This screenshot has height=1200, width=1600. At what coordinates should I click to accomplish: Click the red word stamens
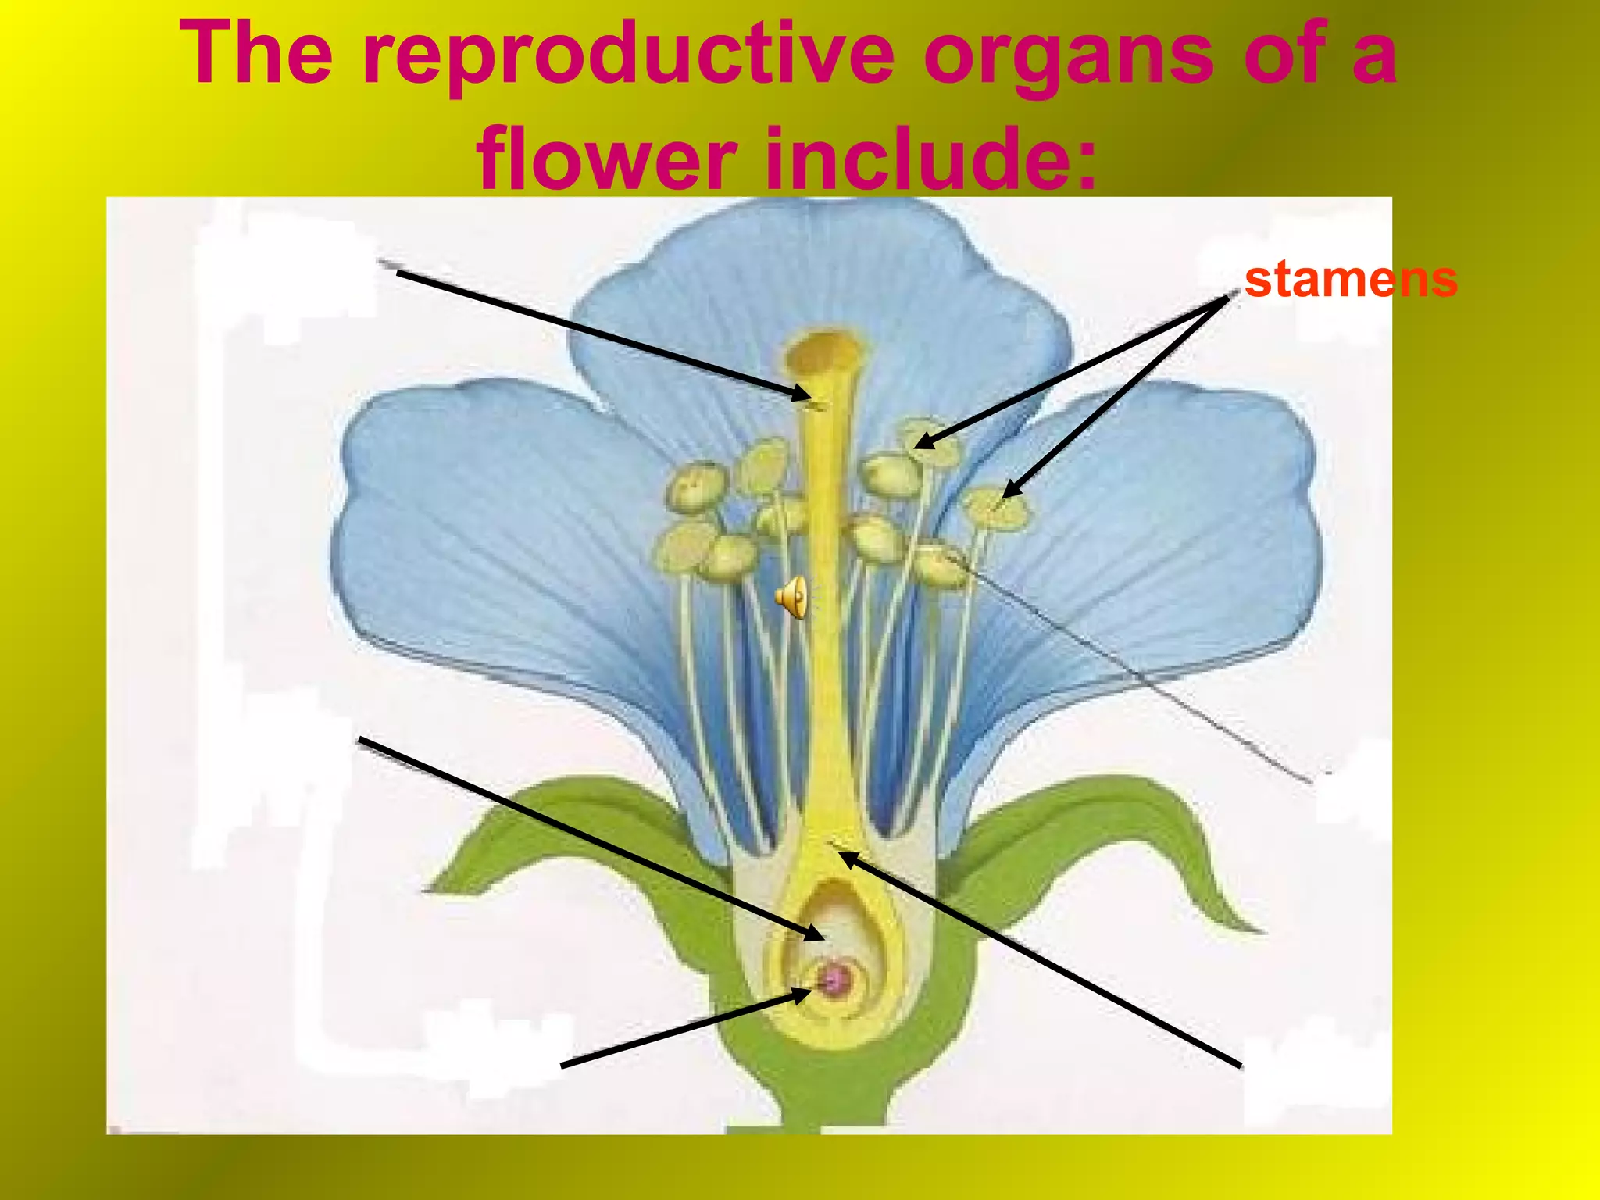click(x=1351, y=280)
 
